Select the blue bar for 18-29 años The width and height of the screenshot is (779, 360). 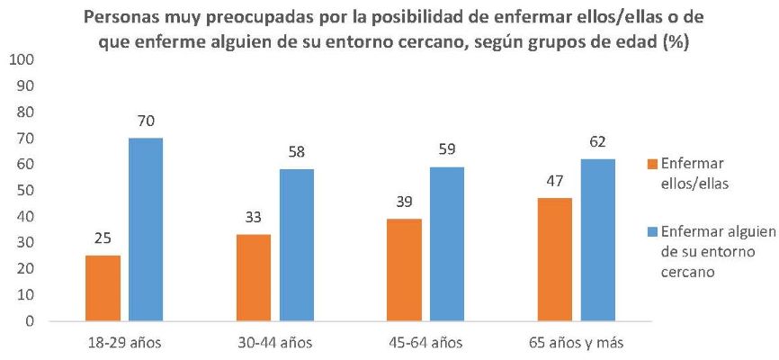click(x=145, y=229)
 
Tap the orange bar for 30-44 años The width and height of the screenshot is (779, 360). click(x=253, y=277)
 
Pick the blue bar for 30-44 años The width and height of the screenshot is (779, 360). click(x=296, y=244)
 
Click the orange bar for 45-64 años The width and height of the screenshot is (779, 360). click(x=404, y=269)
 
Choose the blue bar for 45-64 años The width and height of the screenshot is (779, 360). click(x=446, y=243)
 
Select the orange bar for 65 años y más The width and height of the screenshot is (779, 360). click(x=555, y=259)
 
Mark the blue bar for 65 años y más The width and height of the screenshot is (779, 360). click(x=597, y=239)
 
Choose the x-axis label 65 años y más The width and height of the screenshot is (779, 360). click(x=576, y=343)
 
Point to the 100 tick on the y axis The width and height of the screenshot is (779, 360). click(x=21, y=60)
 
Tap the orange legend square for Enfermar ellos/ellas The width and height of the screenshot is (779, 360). click(x=652, y=165)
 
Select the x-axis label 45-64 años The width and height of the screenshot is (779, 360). click(x=425, y=343)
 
